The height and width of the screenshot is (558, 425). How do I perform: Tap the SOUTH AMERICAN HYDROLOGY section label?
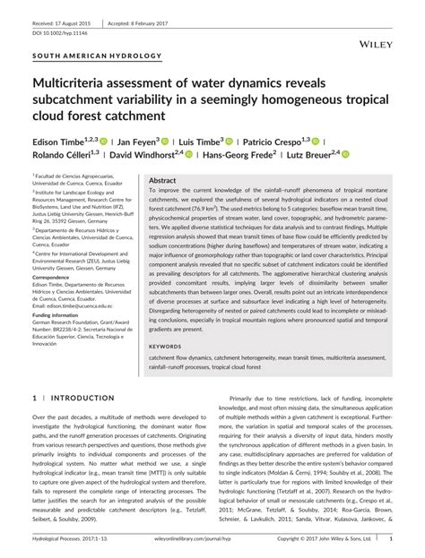click(x=97, y=56)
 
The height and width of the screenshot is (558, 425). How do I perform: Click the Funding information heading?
click(x=64, y=315)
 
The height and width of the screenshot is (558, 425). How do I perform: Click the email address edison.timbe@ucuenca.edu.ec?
click(x=76, y=306)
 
